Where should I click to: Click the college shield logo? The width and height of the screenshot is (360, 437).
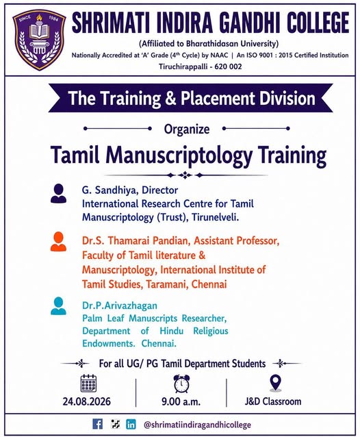(39, 39)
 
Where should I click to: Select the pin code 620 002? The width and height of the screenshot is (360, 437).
(228, 67)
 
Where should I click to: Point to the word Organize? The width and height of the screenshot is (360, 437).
(187, 129)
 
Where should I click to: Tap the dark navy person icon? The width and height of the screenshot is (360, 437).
(58, 193)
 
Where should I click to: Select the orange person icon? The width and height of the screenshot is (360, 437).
(58, 242)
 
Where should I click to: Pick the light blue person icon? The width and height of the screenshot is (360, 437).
(58, 305)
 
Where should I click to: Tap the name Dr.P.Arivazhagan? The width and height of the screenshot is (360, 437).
(120, 305)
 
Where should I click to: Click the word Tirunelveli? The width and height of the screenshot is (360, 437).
(215, 217)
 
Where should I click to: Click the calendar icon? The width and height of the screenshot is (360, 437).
(88, 384)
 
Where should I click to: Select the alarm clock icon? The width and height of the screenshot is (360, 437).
(181, 384)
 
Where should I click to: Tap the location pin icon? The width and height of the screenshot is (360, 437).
(275, 383)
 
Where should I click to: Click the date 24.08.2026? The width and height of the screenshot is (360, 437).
(87, 401)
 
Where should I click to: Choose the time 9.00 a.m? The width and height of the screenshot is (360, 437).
(181, 401)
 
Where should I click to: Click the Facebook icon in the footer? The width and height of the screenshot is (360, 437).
(97, 424)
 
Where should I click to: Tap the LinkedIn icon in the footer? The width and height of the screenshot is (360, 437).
(131, 424)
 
